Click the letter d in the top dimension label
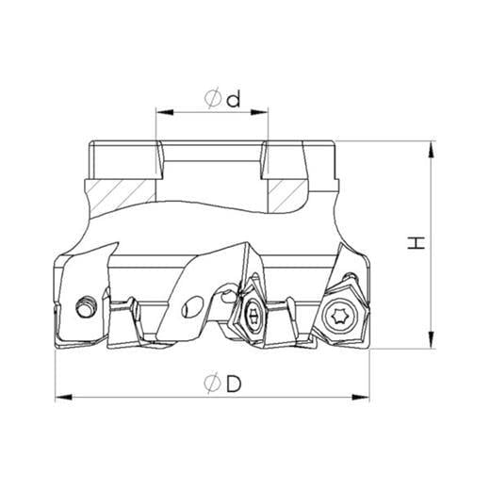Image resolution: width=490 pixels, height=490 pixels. [234, 98]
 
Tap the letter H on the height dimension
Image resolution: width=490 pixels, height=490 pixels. [416, 243]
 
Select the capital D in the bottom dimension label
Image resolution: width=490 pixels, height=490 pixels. [234, 384]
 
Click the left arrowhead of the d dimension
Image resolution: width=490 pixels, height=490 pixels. [165, 112]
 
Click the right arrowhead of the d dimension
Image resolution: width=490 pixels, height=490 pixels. [259, 112]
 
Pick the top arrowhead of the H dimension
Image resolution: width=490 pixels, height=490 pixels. [433, 150]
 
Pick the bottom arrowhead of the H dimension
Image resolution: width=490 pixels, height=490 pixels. [433, 340]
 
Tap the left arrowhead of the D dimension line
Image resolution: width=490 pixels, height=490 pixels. [64, 397]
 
